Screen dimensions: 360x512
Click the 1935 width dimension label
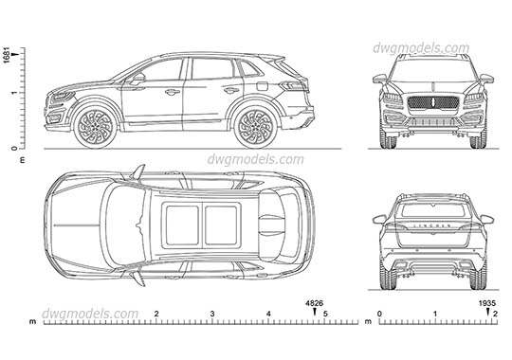coord(486,303)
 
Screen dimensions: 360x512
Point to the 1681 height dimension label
coord(8,56)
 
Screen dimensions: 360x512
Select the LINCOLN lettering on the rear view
coord(432,227)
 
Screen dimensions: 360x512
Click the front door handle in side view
coord(172,92)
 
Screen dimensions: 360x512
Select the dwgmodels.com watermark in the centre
coord(244,160)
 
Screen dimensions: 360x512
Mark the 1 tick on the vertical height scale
coord(12,92)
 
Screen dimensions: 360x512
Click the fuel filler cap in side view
coord(257,86)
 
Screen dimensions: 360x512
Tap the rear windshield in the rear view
coord(432,210)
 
